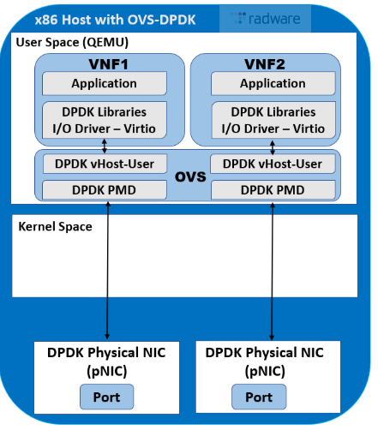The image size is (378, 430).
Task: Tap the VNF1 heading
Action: point(104,64)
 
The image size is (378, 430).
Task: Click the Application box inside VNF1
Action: point(104,84)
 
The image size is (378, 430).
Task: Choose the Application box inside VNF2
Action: point(273,84)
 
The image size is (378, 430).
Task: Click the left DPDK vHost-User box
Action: point(104,164)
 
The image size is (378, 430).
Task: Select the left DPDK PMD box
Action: point(104,188)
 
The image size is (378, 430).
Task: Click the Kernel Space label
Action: point(56,228)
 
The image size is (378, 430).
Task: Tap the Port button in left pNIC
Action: point(107,397)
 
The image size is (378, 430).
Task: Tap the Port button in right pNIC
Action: point(260,397)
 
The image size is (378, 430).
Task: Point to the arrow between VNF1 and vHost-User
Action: point(105,146)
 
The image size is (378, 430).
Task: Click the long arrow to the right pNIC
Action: point(273,274)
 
